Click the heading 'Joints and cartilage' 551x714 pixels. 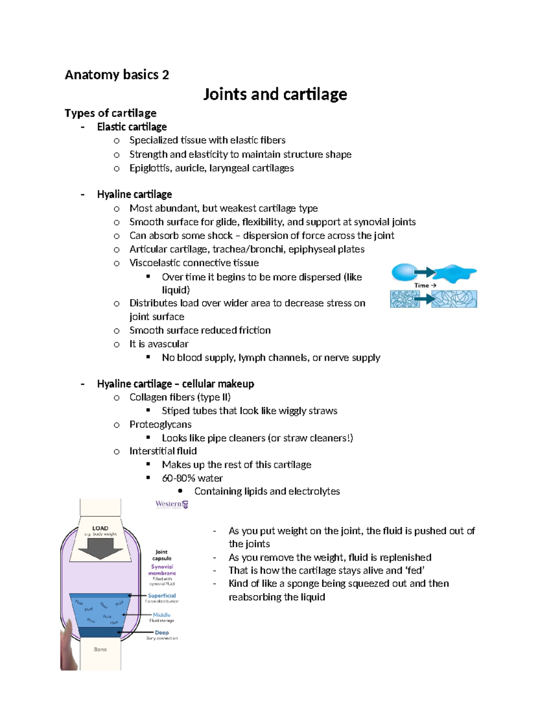pos(275,94)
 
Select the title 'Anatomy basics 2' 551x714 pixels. pos(117,75)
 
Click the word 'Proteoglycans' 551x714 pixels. pos(160,424)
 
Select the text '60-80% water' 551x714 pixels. pos(192,478)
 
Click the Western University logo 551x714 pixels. pos(172,504)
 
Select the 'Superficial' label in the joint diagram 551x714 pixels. pos(162,595)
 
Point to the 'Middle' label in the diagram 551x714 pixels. pos(162,615)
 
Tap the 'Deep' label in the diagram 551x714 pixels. pos(162,633)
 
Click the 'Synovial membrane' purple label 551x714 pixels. pos(162,570)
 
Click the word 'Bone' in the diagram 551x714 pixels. pos(100,649)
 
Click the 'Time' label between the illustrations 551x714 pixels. pos(422,286)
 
